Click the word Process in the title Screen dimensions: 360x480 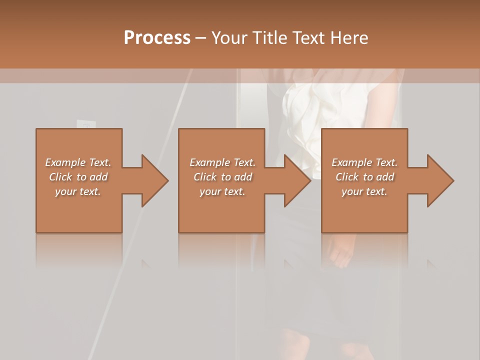(x=157, y=37)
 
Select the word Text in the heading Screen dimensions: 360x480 (x=309, y=37)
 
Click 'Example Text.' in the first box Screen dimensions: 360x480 (x=78, y=162)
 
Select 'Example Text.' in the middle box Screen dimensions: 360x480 (x=222, y=162)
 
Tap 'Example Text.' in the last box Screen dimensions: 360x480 (x=364, y=162)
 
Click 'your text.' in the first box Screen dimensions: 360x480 (x=78, y=191)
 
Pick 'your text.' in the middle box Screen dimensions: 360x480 (x=222, y=191)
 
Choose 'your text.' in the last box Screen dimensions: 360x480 (x=364, y=191)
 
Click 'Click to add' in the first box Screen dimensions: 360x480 (x=78, y=177)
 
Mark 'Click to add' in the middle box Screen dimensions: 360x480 (x=222, y=177)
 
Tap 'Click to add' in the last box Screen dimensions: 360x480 (x=364, y=177)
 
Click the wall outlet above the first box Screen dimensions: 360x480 (x=85, y=124)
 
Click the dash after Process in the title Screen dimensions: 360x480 (x=201, y=38)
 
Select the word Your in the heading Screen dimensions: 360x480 (x=229, y=37)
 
